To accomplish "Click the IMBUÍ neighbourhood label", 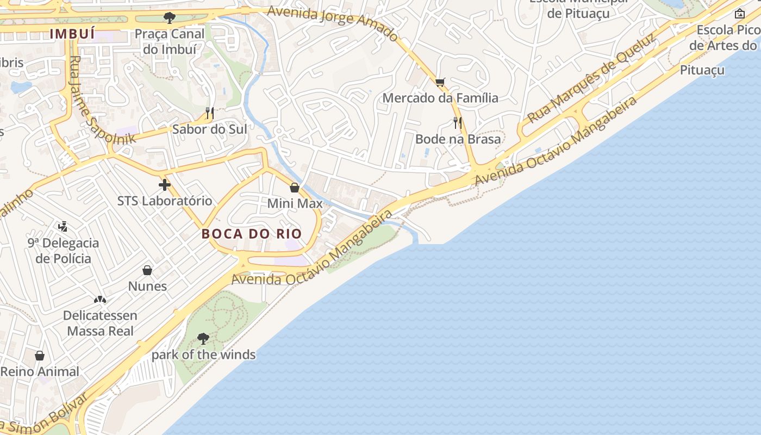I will tap(72, 34).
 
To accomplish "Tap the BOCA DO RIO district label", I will tap(252, 234).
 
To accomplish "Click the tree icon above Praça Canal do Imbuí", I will tap(170, 17).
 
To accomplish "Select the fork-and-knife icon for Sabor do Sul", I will tap(210, 113).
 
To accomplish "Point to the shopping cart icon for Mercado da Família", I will tap(440, 83).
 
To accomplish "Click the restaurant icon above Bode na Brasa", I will tap(458, 123).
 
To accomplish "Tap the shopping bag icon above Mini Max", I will tap(295, 188).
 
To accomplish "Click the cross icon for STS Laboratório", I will tap(165, 185).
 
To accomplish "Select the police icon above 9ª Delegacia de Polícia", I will tap(63, 226).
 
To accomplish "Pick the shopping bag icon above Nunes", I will tap(147, 270).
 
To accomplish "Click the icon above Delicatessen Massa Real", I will tap(99, 300).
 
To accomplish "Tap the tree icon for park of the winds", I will tap(203, 339).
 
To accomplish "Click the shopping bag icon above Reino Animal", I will tap(40, 356).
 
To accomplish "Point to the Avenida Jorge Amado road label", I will tap(333, 23).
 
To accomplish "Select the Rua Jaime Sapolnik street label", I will tap(102, 101).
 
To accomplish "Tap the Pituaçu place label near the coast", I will tap(702, 70).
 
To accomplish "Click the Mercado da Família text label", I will tap(440, 98).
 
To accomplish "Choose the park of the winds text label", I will tap(203, 355).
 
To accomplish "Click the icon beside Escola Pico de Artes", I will tap(739, 14).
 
